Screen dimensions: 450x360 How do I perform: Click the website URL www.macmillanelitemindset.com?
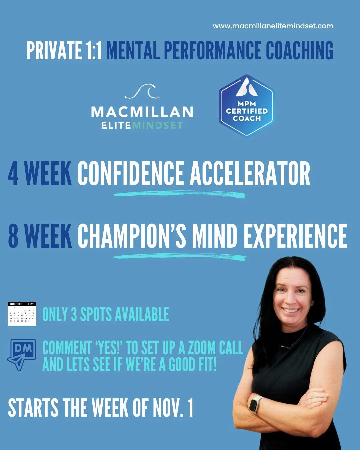click(x=273, y=26)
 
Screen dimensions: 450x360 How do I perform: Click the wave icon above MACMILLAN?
click(x=142, y=91)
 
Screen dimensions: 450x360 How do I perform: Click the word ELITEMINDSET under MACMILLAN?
click(x=142, y=126)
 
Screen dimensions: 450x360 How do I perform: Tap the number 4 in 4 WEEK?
click(x=13, y=174)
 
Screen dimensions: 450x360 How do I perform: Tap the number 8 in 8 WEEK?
click(x=13, y=236)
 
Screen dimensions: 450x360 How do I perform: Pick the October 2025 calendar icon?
click(x=22, y=314)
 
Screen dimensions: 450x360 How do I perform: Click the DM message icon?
click(x=22, y=354)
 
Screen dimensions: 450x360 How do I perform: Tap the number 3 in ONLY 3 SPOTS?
click(x=74, y=314)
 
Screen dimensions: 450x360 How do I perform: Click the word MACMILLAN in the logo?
click(x=142, y=112)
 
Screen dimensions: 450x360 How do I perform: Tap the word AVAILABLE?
click(x=141, y=314)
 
